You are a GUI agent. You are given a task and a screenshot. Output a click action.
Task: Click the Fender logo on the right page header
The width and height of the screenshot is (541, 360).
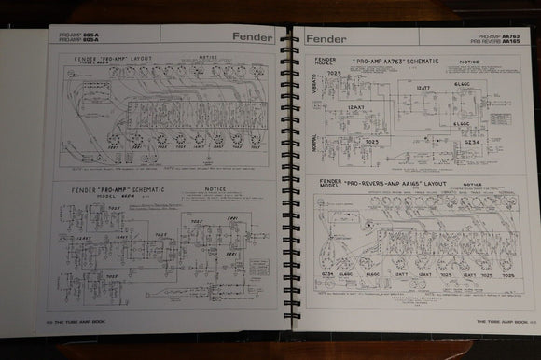click(x=326, y=39)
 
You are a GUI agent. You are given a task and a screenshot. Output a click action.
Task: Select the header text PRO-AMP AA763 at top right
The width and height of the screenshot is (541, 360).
click(x=492, y=35)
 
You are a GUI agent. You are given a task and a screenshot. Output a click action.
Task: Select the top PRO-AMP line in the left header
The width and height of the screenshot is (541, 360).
click(x=77, y=35)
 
